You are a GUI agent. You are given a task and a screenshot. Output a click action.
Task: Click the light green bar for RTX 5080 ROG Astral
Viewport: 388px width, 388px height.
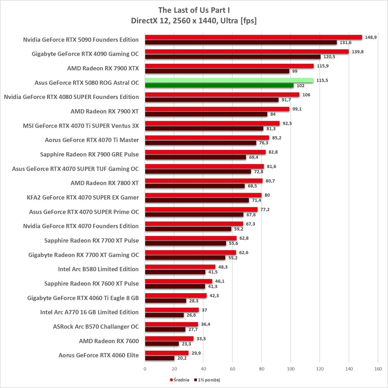229,80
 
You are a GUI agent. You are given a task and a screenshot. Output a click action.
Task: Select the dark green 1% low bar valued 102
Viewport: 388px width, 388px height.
219,86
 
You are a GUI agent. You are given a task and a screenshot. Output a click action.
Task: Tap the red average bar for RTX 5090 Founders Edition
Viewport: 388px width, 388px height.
253,37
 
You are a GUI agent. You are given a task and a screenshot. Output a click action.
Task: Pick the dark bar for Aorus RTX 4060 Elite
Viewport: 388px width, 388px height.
159,358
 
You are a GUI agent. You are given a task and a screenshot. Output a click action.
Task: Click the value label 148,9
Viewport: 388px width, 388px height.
371,37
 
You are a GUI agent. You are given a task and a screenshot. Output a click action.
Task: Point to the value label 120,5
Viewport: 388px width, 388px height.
329,57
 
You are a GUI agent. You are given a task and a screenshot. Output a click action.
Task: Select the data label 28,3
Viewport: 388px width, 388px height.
194,301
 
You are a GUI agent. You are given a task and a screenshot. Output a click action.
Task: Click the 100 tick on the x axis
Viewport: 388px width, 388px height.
290,369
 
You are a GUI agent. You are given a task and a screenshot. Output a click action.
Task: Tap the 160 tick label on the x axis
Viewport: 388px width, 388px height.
378,369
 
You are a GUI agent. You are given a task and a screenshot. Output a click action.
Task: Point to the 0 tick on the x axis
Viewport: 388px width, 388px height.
145,369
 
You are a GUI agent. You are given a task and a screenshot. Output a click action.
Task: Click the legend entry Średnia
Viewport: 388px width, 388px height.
179,380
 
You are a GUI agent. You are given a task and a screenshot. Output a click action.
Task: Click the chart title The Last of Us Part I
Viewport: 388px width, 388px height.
194,10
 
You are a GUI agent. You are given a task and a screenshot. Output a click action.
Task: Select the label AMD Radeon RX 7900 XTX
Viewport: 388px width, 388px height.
103,68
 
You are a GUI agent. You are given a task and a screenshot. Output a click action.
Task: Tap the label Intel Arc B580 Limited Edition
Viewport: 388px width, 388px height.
98,269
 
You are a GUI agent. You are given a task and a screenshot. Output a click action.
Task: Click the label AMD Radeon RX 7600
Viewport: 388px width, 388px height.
109,341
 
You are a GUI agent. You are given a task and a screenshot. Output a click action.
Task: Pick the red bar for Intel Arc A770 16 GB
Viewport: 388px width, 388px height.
172,310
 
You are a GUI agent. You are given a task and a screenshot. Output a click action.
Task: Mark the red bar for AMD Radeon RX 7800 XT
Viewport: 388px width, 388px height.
203,181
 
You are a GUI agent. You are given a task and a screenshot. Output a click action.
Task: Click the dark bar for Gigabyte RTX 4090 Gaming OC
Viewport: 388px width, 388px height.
232,57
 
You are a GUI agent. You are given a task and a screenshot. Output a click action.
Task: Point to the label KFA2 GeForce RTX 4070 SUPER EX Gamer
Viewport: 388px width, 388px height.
83,197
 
